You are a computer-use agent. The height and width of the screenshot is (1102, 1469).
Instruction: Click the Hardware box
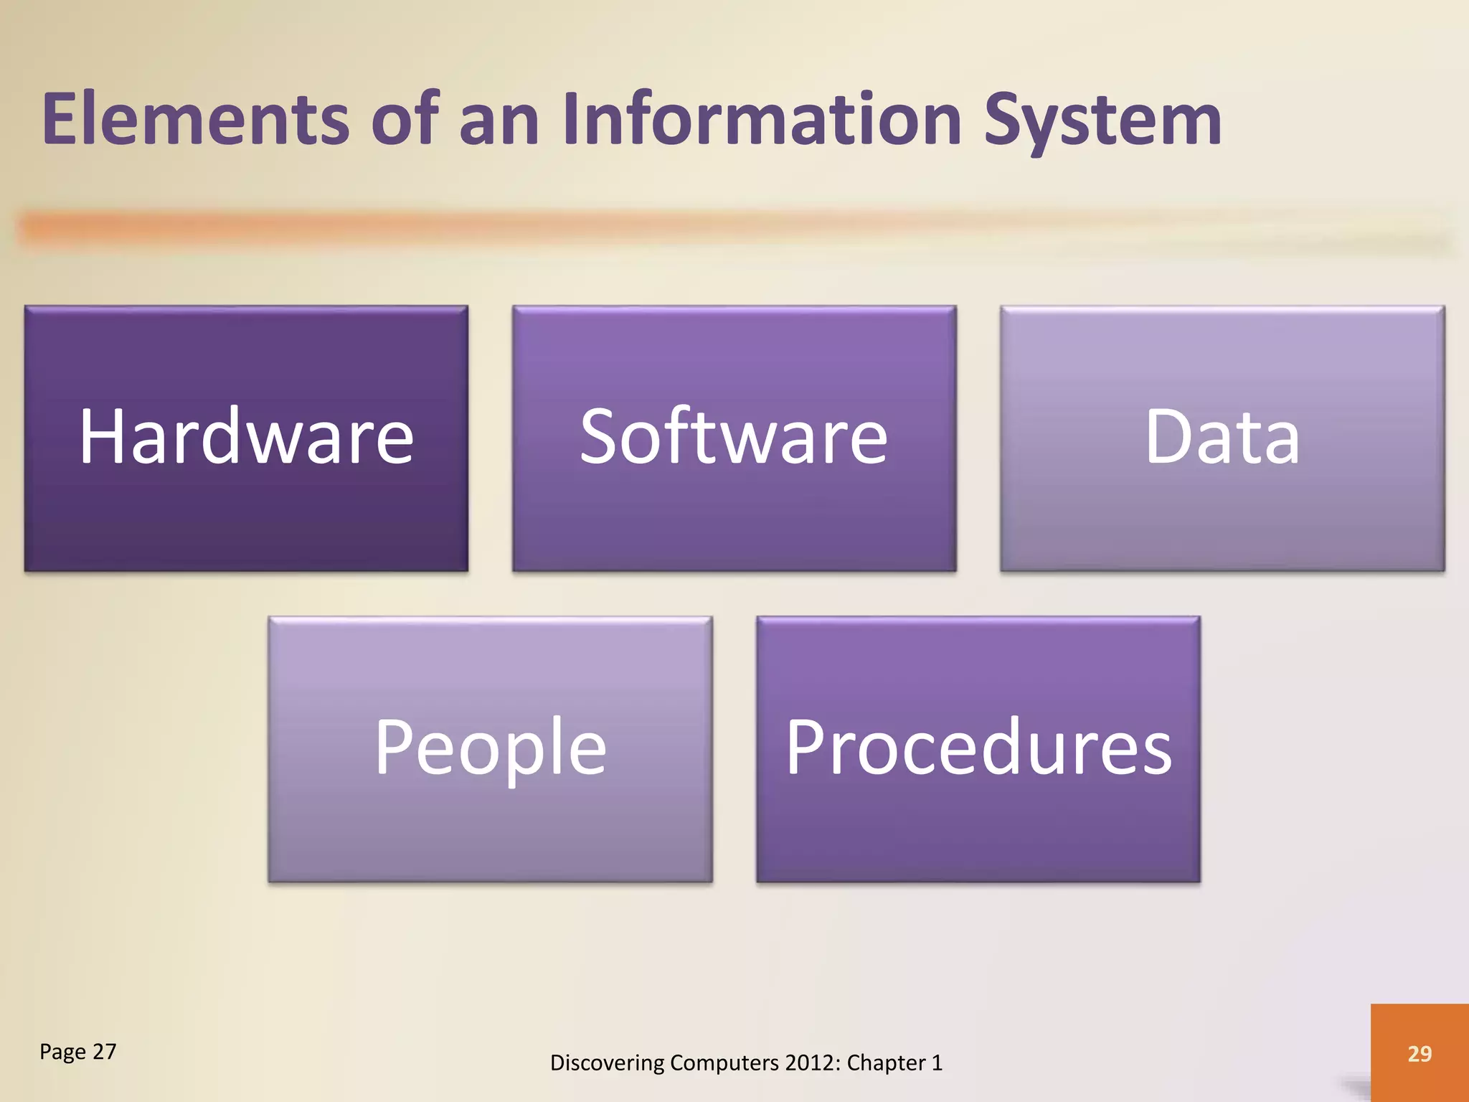coord(246,438)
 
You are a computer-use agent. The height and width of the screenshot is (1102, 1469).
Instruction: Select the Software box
coord(734,438)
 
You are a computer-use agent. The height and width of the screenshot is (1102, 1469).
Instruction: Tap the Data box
coord(1222,438)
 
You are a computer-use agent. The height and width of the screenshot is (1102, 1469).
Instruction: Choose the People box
coord(490,749)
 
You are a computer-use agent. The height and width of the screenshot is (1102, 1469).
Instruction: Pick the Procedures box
coord(978,749)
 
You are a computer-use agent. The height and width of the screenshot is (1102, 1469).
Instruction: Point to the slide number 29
coord(1420,1053)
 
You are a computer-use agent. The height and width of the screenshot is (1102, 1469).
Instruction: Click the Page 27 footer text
coord(77,1052)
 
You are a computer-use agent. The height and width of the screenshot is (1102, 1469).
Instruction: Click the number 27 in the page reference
coord(105,1052)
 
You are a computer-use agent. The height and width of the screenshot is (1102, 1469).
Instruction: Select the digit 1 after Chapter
coord(937,1063)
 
